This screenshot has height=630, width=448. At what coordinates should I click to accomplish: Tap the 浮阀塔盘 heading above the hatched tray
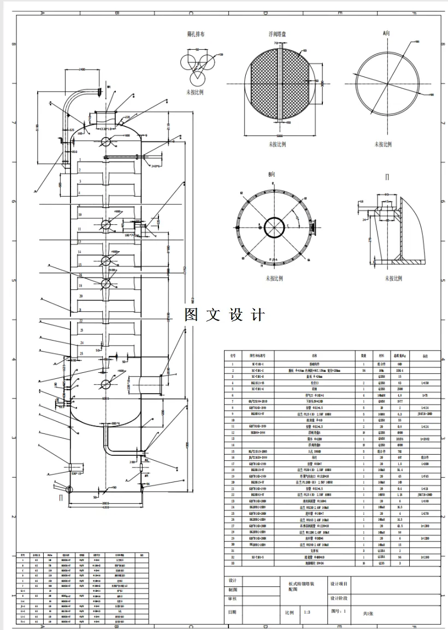point(278,34)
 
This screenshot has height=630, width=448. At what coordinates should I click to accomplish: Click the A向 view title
point(386,33)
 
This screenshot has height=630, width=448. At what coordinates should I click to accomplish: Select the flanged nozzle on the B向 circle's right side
point(313,225)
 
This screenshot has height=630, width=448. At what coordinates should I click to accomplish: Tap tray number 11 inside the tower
point(80,229)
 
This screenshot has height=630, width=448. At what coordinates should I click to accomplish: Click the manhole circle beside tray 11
point(105,225)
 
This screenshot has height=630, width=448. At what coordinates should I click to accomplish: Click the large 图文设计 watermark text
point(225,315)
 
